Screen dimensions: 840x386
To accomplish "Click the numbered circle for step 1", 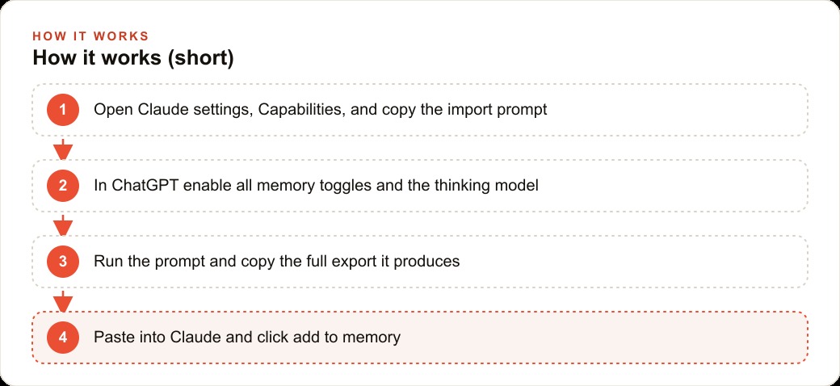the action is click(x=63, y=110).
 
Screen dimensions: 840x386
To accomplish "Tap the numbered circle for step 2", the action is click(x=63, y=186).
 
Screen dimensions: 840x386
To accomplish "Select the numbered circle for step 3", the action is click(x=63, y=262).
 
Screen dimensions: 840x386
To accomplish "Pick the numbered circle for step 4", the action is click(x=63, y=338).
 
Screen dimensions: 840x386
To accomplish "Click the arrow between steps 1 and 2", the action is click(x=63, y=149).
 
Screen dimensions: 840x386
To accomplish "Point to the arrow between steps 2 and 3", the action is click(x=63, y=225).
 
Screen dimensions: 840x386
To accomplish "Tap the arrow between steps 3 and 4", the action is click(x=63, y=301).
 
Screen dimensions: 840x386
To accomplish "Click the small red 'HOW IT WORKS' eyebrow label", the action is click(x=90, y=36).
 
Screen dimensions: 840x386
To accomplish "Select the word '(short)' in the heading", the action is click(x=200, y=58).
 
